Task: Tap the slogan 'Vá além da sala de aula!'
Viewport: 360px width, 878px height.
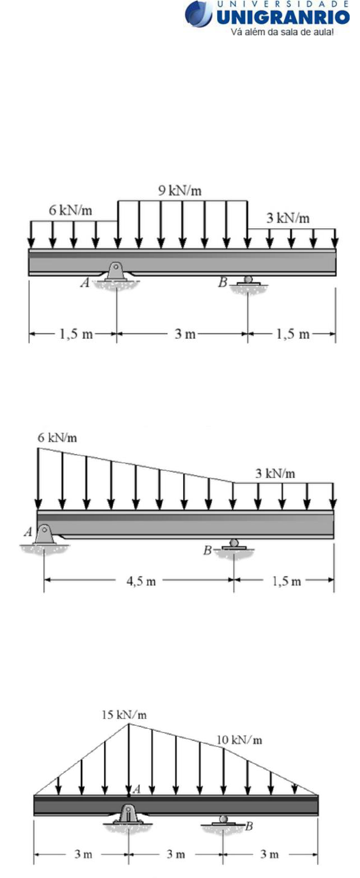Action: tap(282, 32)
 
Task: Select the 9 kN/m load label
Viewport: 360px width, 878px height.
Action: tap(180, 191)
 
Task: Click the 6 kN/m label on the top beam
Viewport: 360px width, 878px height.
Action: tap(71, 211)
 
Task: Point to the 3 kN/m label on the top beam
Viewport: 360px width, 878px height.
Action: tap(288, 218)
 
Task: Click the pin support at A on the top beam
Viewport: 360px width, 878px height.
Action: tap(116, 272)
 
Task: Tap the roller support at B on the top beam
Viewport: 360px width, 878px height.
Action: tap(247, 280)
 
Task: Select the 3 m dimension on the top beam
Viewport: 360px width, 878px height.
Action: tap(185, 334)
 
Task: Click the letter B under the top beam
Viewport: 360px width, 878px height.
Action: tap(223, 282)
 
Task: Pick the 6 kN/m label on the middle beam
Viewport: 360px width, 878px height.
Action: tap(57, 437)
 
